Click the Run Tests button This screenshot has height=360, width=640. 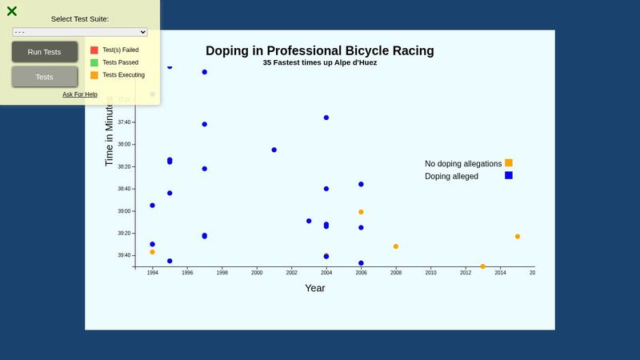tap(44, 52)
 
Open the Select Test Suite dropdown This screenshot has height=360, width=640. tap(80, 32)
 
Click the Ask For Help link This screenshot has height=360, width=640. tap(80, 94)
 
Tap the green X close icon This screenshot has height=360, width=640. tap(12, 11)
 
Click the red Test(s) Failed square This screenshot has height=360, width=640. tap(94, 50)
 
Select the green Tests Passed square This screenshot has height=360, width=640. tap(94, 62)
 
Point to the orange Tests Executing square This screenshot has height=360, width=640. tap(94, 75)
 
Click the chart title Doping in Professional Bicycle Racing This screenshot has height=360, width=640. tap(319, 50)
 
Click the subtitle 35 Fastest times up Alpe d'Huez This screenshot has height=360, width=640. tap(319, 62)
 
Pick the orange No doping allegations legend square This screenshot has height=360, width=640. tap(509, 163)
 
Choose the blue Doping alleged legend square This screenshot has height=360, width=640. tap(509, 175)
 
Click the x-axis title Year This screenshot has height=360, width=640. tap(315, 288)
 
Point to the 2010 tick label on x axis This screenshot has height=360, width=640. tap(430, 273)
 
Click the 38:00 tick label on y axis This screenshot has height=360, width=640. tap(123, 145)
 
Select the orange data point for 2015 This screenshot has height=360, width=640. tap(518, 237)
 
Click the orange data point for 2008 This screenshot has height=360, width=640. tap(396, 246)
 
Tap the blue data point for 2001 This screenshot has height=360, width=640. tap(274, 150)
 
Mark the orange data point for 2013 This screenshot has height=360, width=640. tap(482, 266)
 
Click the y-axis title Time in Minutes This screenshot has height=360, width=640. tap(110, 132)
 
